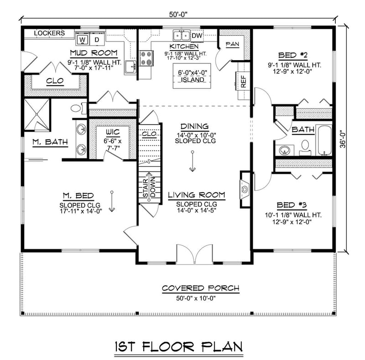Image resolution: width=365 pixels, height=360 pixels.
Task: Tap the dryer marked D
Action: coord(97,39)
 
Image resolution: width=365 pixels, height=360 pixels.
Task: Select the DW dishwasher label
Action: coord(197,36)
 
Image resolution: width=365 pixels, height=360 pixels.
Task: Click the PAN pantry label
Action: coord(232,44)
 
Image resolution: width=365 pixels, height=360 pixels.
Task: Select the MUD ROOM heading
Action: coord(94,53)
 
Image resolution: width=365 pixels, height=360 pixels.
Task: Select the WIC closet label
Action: coord(112,132)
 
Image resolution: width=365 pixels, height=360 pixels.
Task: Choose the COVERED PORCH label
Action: coord(201,289)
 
